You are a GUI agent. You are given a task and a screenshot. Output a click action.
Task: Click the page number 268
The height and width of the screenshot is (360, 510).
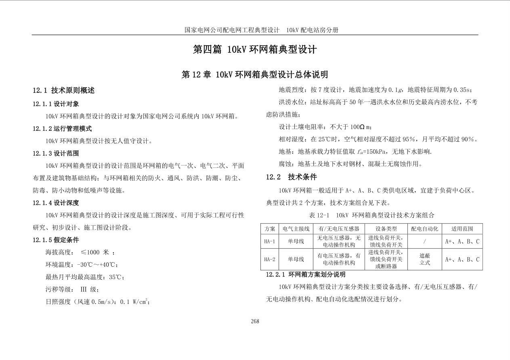click(255, 321)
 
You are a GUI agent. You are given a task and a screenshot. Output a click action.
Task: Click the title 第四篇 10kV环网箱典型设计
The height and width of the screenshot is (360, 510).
click(255, 49)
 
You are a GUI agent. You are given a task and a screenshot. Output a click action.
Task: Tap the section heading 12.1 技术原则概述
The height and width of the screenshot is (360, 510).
click(64, 90)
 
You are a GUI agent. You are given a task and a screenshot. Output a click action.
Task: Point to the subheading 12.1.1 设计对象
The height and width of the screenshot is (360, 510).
click(56, 104)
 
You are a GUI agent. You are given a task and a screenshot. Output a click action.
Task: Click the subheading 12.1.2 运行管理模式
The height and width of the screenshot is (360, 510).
click(62, 129)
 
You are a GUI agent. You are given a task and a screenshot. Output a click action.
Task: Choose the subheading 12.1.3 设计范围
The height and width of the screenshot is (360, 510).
click(56, 153)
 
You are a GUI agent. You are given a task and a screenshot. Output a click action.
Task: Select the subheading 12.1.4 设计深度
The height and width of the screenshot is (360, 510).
click(56, 203)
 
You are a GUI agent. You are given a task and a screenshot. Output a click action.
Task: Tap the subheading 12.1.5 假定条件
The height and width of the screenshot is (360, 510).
click(56, 240)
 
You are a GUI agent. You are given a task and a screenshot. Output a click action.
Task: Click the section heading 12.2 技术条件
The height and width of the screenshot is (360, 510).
click(291, 177)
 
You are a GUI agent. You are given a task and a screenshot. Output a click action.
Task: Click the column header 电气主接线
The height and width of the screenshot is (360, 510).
click(296, 229)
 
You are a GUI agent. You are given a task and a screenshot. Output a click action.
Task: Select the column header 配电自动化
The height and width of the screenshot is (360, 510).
click(424, 229)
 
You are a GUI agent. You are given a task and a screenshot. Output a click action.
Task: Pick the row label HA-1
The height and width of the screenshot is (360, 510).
click(269, 242)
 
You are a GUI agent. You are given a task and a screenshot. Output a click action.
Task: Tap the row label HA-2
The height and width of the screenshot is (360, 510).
click(269, 260)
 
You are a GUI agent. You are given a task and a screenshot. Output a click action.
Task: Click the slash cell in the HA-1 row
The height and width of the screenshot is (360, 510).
click(424, 242)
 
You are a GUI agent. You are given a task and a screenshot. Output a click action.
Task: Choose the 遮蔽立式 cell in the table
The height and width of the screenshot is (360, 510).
click(424, 260)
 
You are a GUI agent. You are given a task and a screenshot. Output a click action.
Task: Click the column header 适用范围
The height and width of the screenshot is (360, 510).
click(462, 229)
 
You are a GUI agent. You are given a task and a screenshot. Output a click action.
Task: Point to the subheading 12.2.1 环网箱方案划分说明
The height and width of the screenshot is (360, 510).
click(306, 274)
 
